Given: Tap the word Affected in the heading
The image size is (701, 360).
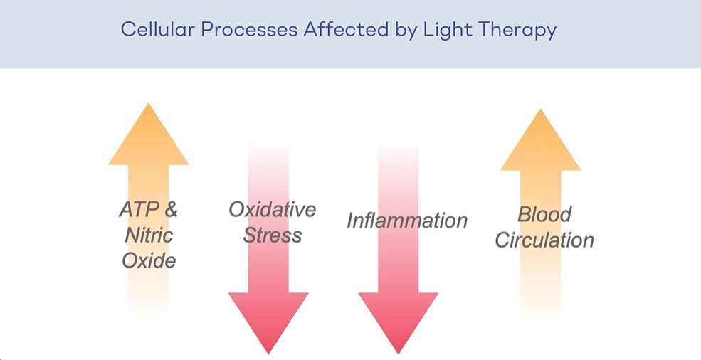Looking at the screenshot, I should click(x=334, y=30).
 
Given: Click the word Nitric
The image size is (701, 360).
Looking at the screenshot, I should click(x=149, y=235).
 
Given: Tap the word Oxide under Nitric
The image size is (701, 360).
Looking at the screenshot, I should click(x=149, y=260).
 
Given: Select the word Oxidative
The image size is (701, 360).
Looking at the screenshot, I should click(x=272, y=209).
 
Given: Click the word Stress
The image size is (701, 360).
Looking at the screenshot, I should click(x=272, y=235).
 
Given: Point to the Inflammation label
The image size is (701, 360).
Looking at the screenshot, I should click(x=407, y=221).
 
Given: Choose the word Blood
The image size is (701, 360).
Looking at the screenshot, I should click(x=544, y=214).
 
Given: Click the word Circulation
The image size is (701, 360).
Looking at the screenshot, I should click(x=544, y=240).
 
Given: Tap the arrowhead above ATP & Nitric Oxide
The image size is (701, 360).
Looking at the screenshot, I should click(x=149, y=139).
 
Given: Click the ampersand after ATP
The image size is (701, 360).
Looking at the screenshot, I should click(x=170, y=210).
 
